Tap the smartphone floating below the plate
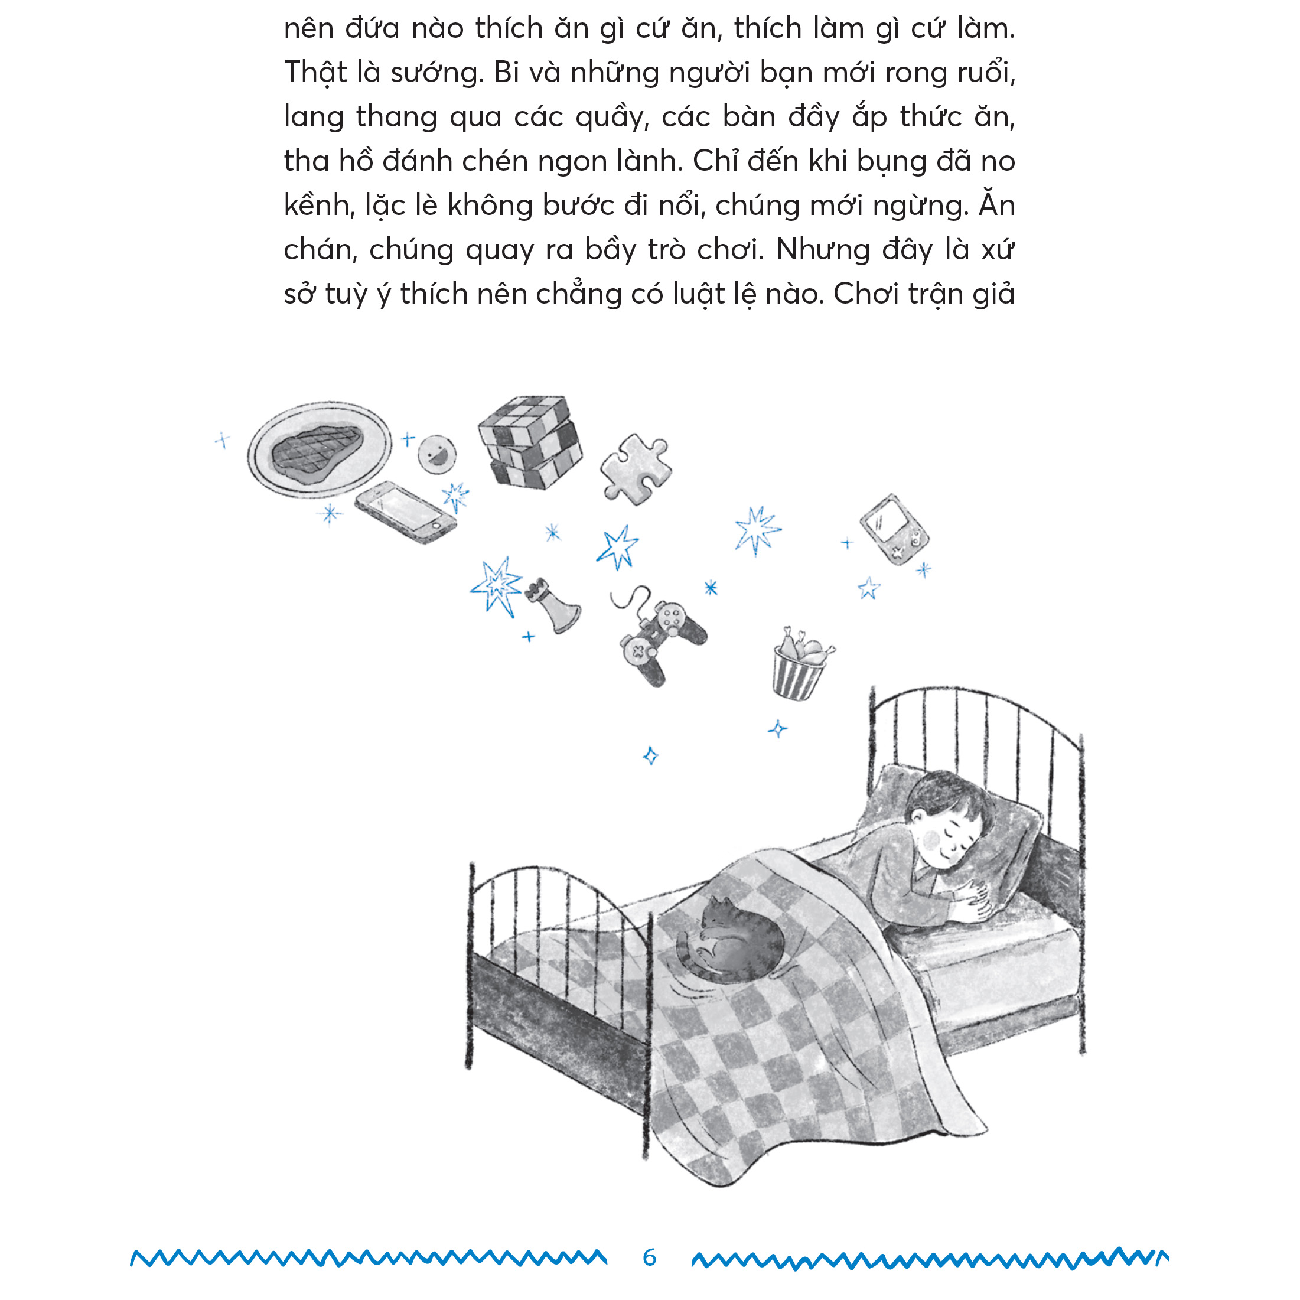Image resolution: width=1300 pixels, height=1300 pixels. pos(405,512)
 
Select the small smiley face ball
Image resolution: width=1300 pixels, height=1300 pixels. pos(436,454)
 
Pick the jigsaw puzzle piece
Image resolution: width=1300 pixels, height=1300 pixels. pos(634,468)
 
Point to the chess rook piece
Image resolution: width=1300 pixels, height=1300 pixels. pos(553,605)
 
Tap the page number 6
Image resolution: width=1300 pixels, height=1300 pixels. pos(649,1257)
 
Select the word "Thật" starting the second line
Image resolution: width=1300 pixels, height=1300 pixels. pos(315,73)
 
